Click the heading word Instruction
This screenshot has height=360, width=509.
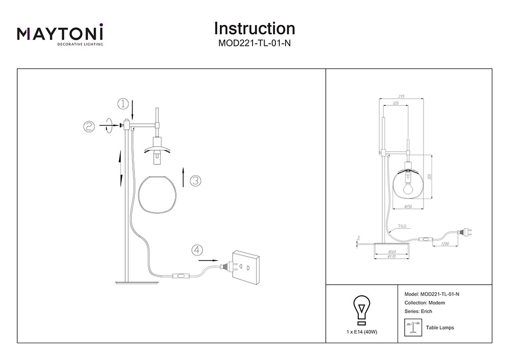coord(254,28)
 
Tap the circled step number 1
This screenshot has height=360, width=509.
coord(123,104)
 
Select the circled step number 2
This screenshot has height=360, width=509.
coord(89,127)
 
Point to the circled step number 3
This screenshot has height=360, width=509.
coord(195,181)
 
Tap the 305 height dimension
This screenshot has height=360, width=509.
coord(430,177)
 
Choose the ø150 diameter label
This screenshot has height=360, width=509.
coord(407,206)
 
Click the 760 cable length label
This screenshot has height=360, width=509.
coord(402,226)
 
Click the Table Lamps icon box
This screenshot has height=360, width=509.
coord(412,327)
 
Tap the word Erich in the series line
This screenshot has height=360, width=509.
coord(426,311)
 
